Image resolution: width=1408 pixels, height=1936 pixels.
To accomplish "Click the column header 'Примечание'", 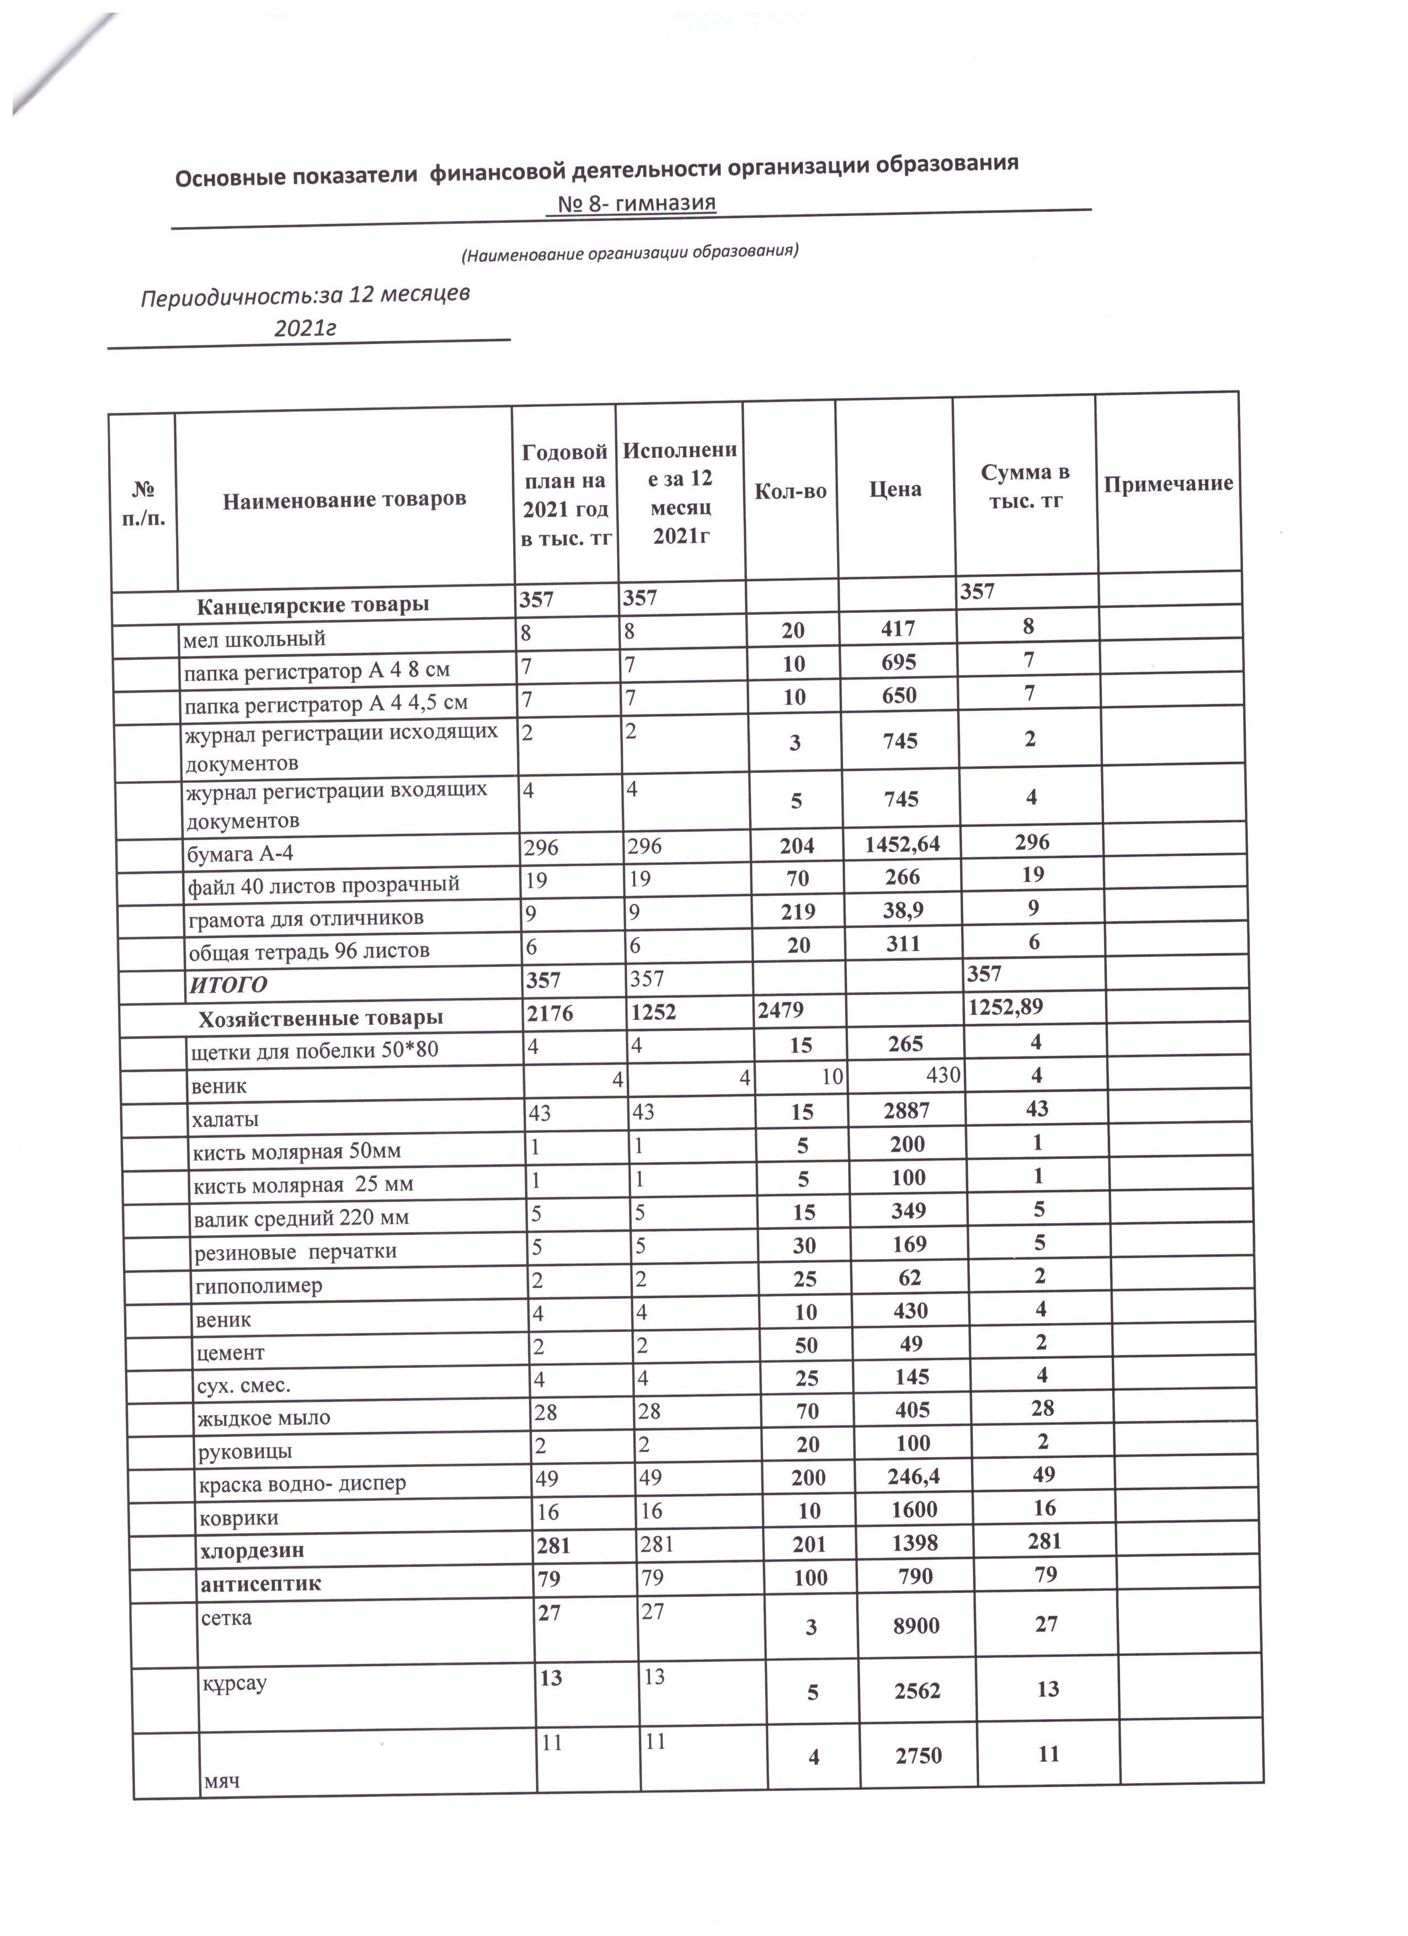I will tap(1167, 484).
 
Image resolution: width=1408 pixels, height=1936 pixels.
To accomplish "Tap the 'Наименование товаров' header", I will tap(344, 499).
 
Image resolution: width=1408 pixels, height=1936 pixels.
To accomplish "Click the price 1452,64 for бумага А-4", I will tap(902, 844).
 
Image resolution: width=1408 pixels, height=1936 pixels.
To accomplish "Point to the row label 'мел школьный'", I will tap(254, 639).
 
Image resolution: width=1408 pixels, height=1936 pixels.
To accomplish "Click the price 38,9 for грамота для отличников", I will tap(903, 910).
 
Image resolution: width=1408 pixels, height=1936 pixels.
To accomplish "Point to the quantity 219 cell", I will tap(797, 912).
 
